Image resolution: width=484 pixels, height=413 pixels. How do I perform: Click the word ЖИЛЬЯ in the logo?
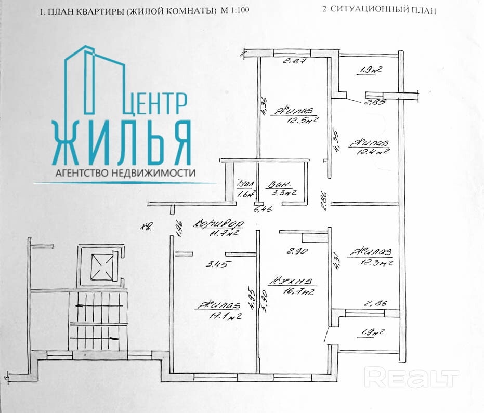tap(122, 143)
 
